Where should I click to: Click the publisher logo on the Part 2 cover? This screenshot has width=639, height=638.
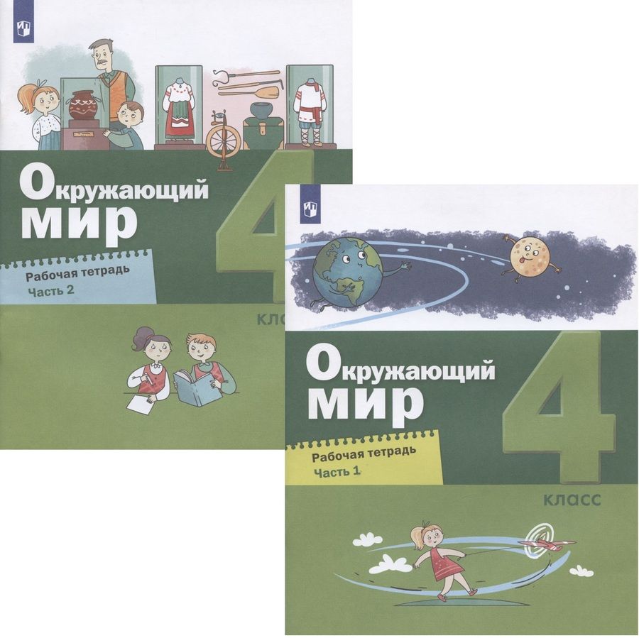(x=20, y=30)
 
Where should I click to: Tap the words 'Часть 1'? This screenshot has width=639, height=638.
(x=337, y=472)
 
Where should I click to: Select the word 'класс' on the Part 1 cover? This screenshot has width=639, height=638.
(x=572, y=500)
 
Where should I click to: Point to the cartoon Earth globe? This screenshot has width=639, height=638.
(x=348, y=271)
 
